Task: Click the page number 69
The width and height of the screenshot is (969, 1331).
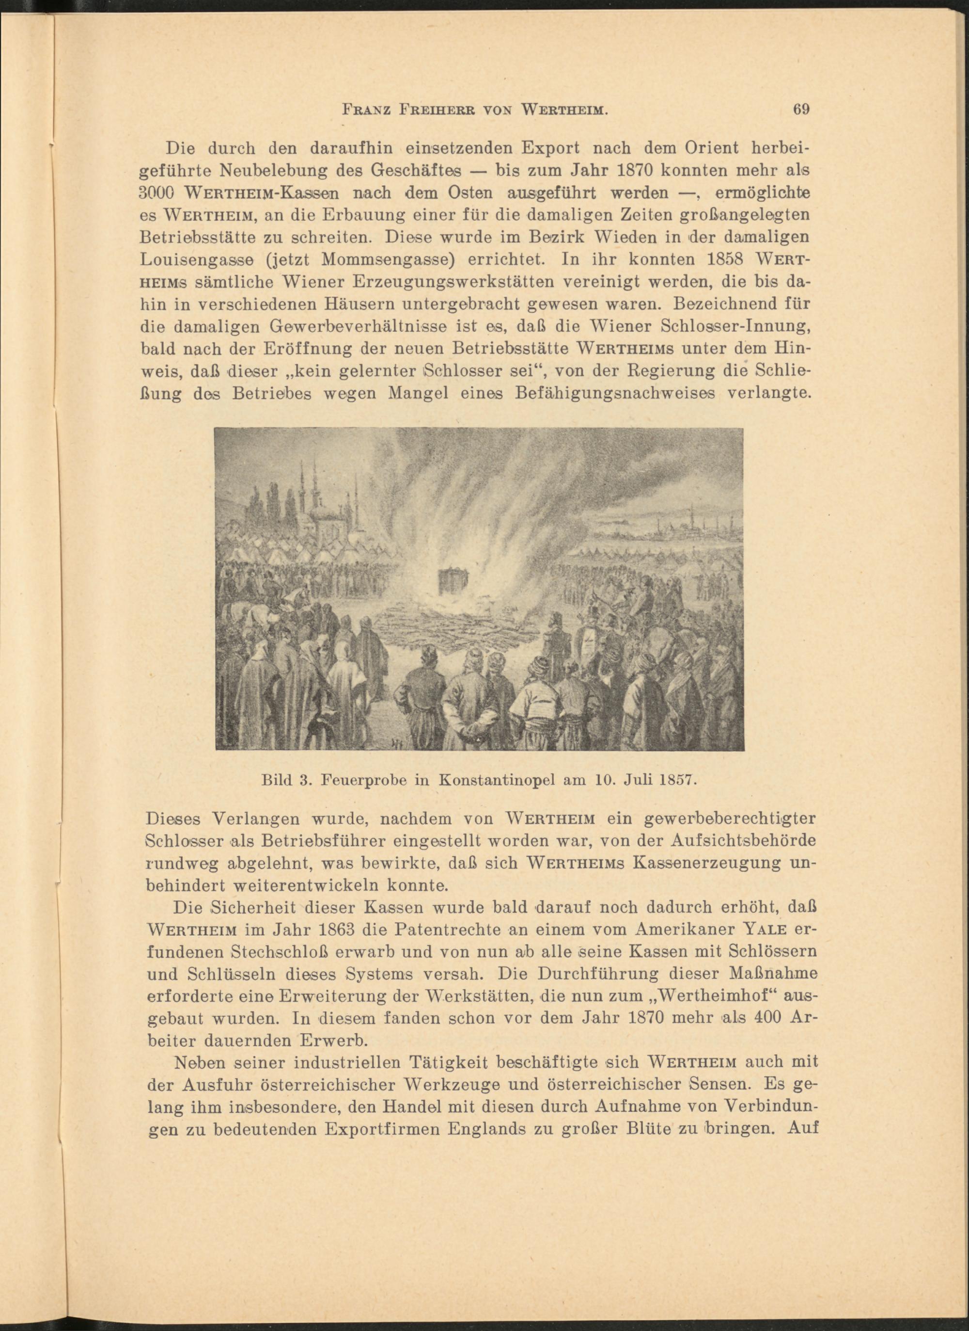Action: [801, 109]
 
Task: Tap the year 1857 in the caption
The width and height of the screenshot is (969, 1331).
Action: [677, 781]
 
